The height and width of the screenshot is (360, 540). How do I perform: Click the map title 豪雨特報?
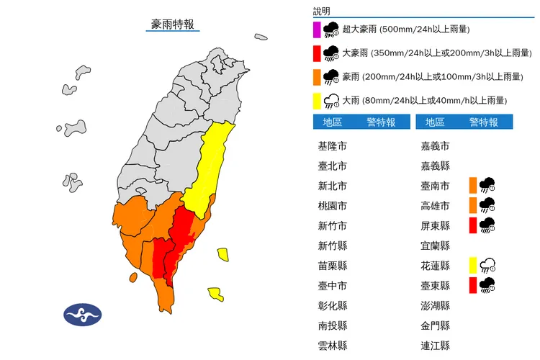pyautogui.click(x=172, y=24)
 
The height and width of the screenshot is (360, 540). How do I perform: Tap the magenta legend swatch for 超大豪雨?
pyautogui.click(x=318, y=30)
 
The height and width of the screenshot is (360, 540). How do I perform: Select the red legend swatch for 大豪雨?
pyautogui.click(x=318, y=53)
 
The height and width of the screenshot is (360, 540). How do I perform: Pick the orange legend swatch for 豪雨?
pyautogui.click(x=318, y=77)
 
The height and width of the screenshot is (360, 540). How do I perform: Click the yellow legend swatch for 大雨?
pyautogui.click(x=318, y=101)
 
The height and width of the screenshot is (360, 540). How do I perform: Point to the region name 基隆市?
pyautogui.click(x=332, y=146)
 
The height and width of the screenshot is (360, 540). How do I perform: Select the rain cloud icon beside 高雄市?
pyautogui.click(x=487, y=206)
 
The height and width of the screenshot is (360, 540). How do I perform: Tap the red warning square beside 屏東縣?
pyautogui.click(x=473, y=225)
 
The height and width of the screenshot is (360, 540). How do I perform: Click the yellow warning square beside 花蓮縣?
pyautogui.click(x=473, y=265)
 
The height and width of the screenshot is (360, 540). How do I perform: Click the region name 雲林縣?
pyautogui.click(x=332, y=345)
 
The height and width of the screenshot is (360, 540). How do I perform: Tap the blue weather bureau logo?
pyautogui.click(x=83, y=315)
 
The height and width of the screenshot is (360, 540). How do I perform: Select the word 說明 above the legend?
pyautogui.click(x=322, y=11)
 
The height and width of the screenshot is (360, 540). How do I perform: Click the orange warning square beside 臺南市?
pyautogui.click(x=473, y=186)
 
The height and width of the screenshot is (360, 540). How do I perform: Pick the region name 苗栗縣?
pyautogui.click(x=332, y=265)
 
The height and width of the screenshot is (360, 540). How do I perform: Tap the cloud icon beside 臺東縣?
pyautogui.click(x=487, y=285)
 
